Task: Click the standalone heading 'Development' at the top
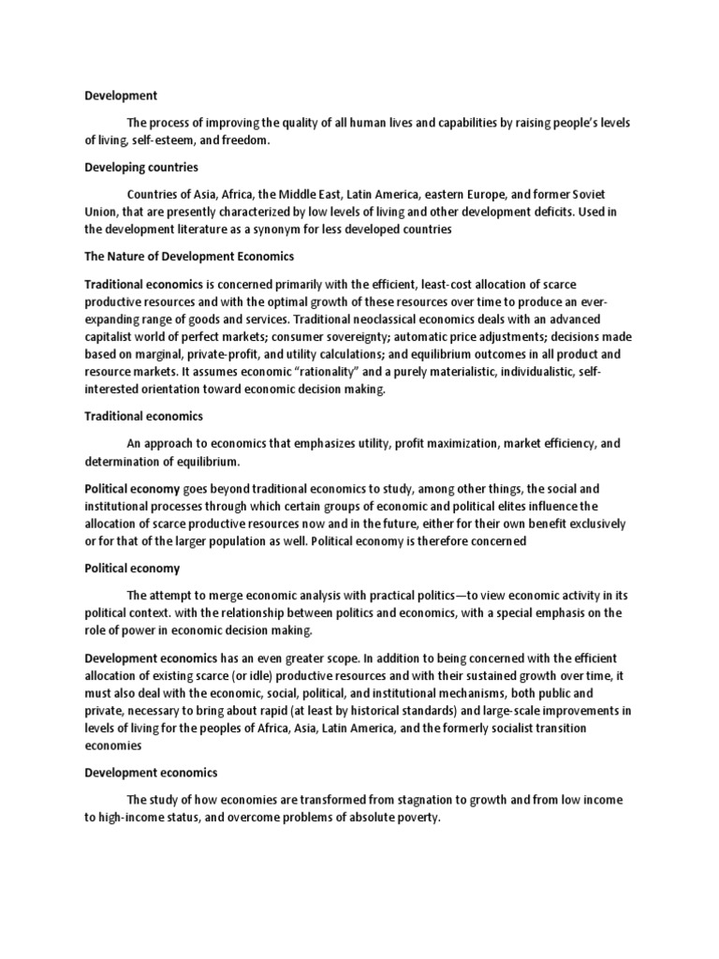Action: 121,96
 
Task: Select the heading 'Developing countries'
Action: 141,167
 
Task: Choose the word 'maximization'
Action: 399,443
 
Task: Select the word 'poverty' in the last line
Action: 414,818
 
